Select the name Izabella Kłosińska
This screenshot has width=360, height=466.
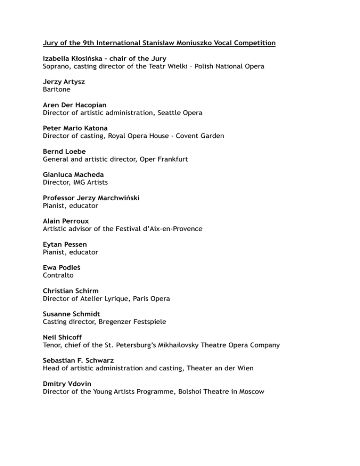coord(75,58)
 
